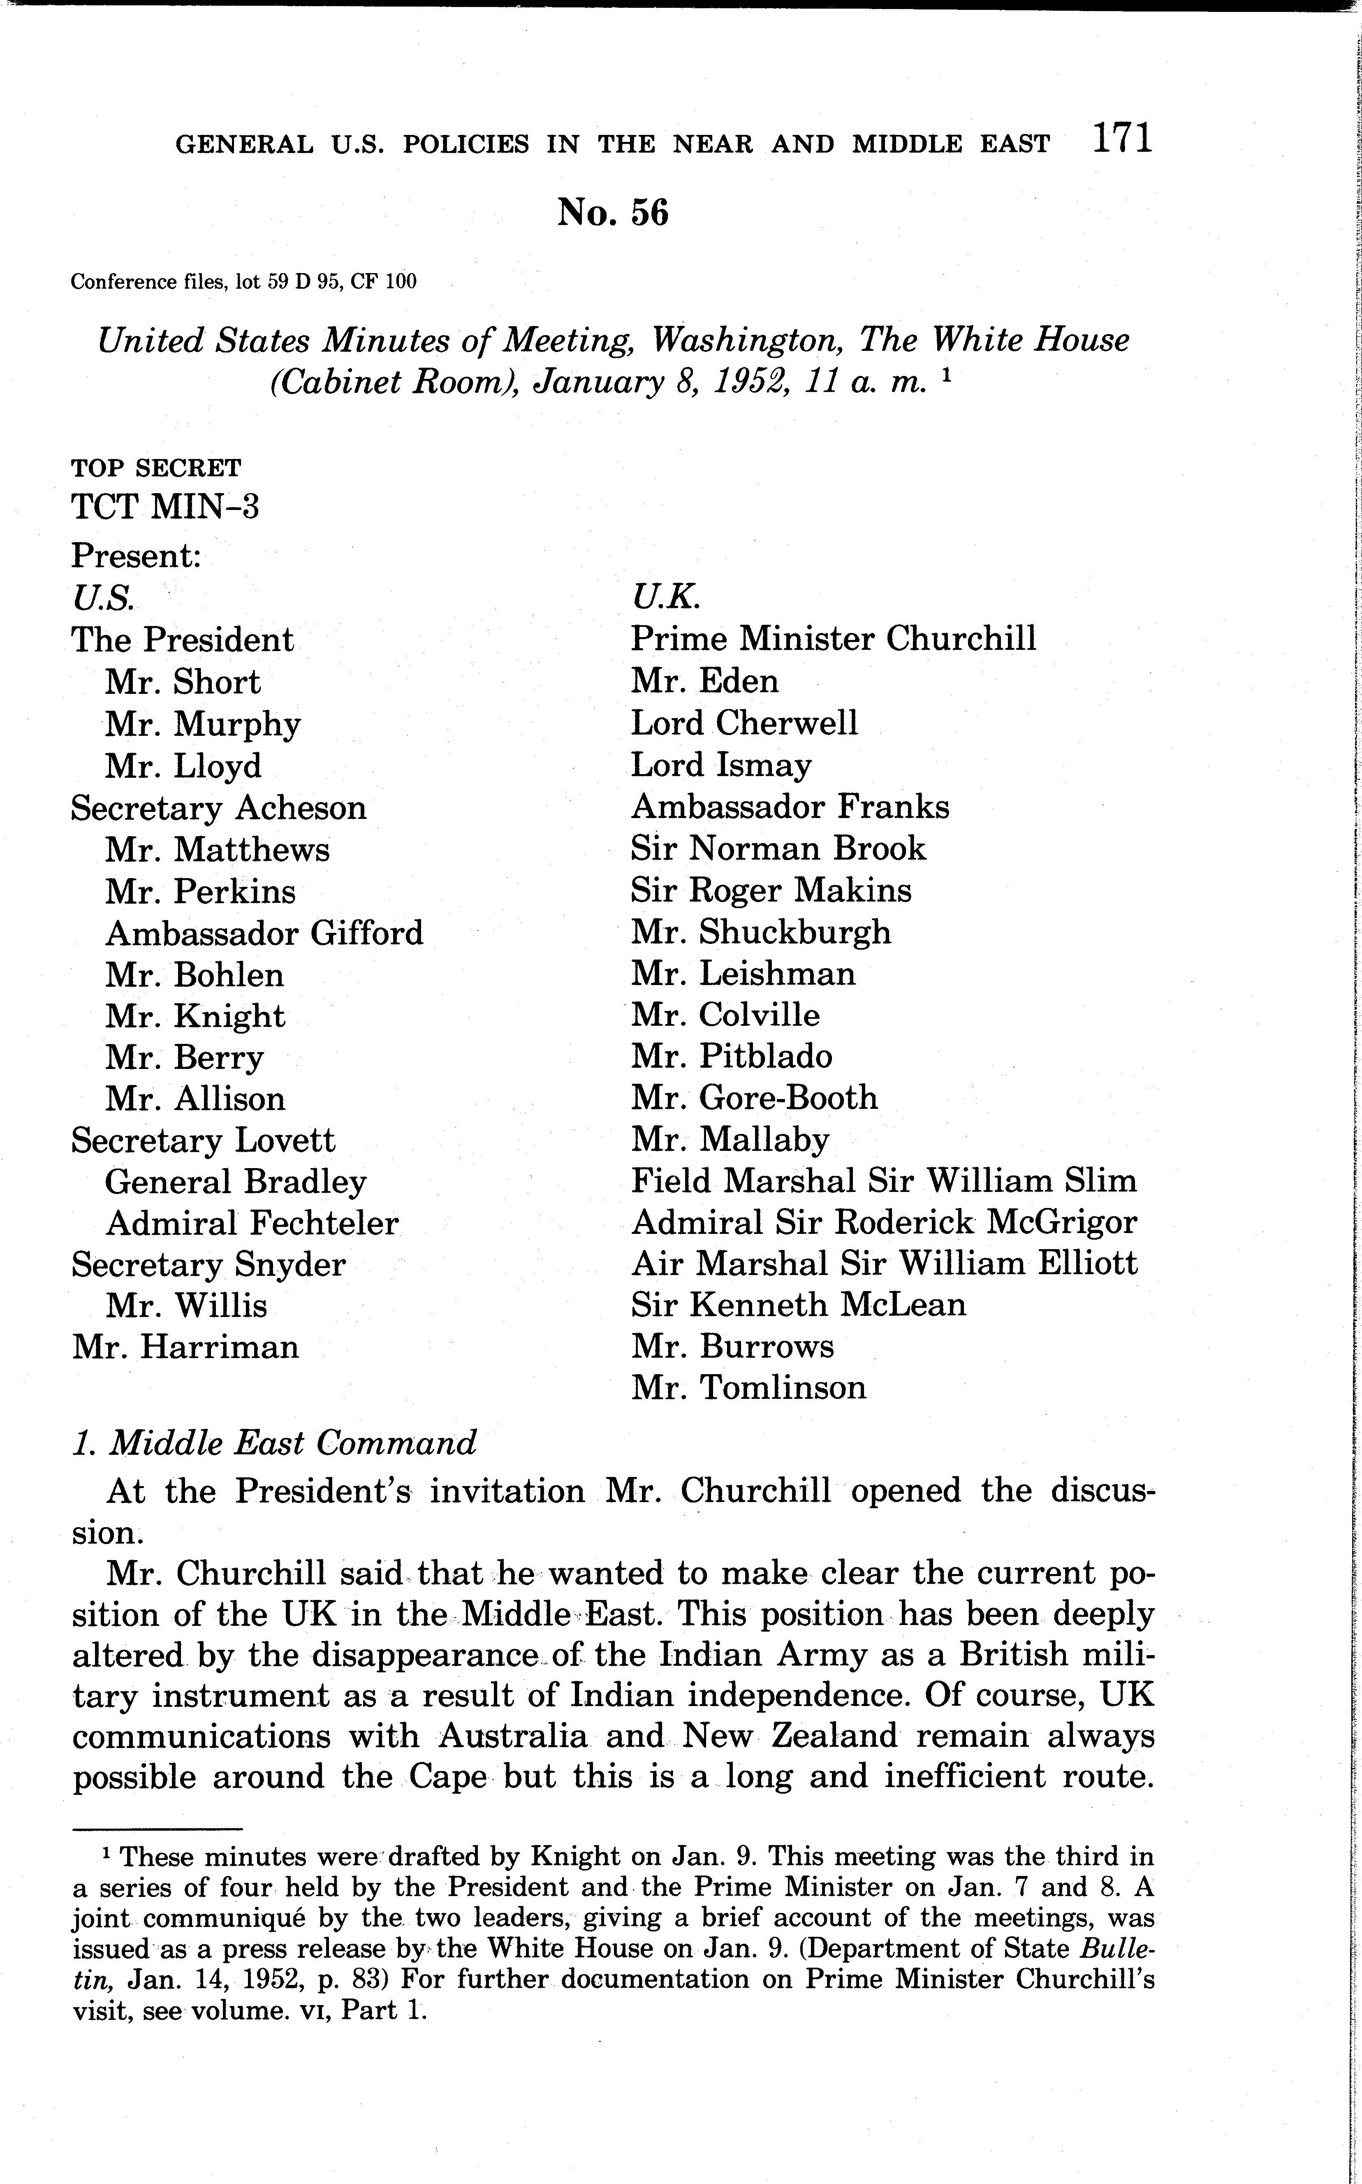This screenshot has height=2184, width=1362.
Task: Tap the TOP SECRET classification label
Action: (x=156, y=468)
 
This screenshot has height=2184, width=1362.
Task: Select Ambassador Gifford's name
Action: (x=264, y=932)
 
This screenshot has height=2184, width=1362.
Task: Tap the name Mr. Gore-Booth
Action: (x=754, y=1097)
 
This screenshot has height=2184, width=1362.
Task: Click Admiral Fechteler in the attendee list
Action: (x=252, y=1224)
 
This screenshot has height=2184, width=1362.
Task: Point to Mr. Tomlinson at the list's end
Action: (x=748, y=1388)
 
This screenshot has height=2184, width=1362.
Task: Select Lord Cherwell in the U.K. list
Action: (x=744, y=723)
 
